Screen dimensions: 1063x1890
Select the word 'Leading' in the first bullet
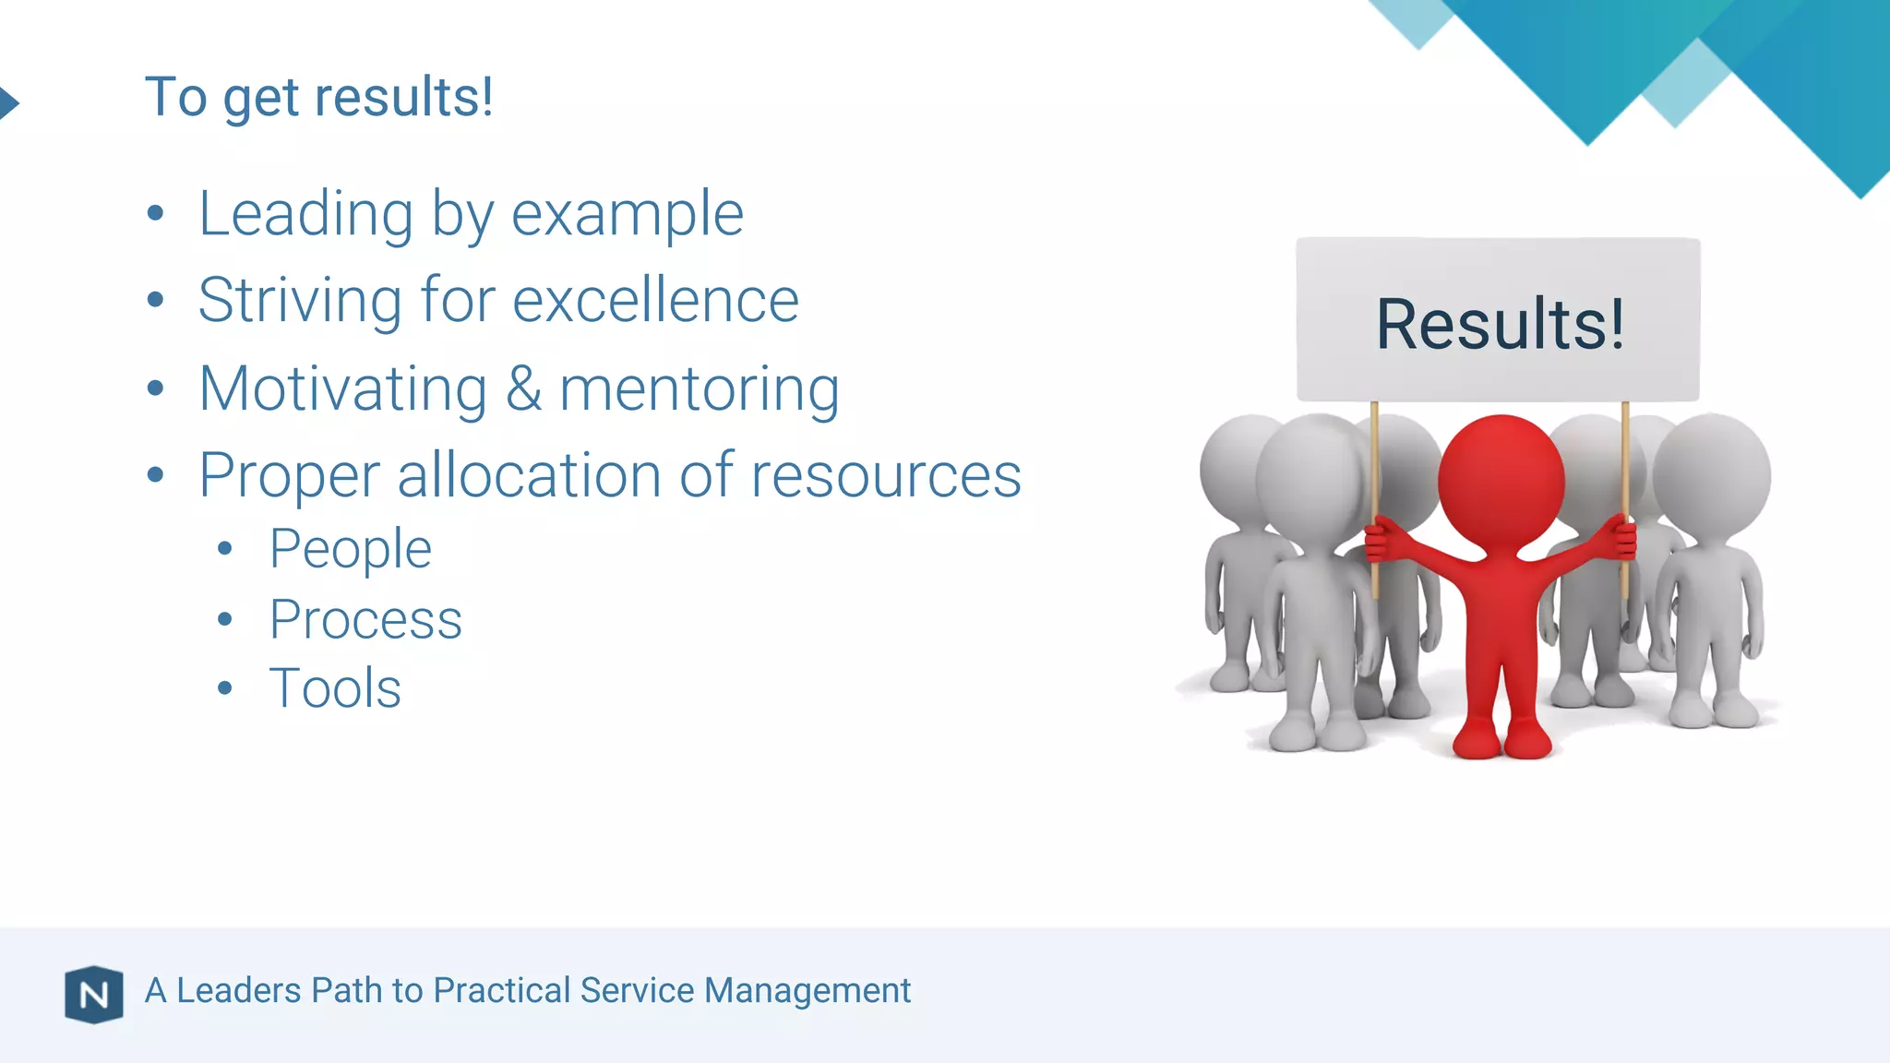(x=305, y=214)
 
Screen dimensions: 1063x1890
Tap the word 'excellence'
(x=655, y=301)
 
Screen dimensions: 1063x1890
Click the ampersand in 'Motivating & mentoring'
(x=523, y=388)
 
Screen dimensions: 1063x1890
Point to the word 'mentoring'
(x=700, y=388)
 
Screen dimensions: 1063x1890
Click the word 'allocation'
(x=529, y=475)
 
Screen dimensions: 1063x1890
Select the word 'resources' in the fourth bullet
(x=886, y=475)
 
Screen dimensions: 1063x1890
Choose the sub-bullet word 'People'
(x=350, y=549)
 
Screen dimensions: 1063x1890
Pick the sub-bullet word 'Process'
(x=365, y=619)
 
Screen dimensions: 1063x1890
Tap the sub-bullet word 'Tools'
(x=335, y=688)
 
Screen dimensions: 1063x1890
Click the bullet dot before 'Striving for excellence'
(x=155, y=301)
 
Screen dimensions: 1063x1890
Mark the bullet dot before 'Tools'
(x=225, y=688)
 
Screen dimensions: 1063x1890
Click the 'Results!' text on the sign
(x=1500, y=324)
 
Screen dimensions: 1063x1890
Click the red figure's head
(x=1501, y=480)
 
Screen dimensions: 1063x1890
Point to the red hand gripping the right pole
(x=1621, y=539)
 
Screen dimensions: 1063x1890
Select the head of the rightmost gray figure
(x=1712, y=475)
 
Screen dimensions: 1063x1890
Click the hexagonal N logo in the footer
(x=94, y=995)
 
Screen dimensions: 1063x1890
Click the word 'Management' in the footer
(x=807, y=991)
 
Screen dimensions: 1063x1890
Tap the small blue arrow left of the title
(x=8, y=102)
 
